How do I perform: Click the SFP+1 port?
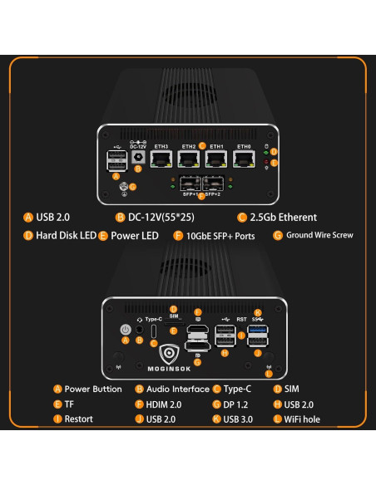[x=189, y=184]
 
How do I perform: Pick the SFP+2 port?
[x=213, y=184]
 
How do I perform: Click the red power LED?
[x=265, y=162]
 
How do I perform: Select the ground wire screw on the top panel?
[x=126, y=187]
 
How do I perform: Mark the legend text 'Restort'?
[x=78, y=419]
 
